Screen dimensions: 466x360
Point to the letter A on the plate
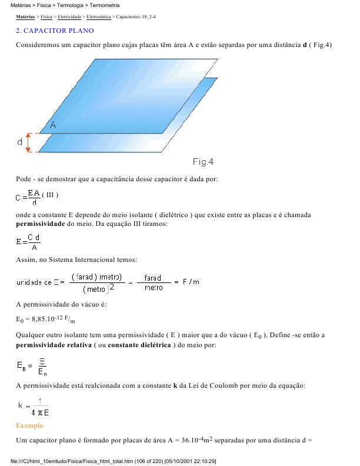pyautogui.click(x=53, y=125)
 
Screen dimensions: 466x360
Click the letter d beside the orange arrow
pyautogui.click(x=19, y=142)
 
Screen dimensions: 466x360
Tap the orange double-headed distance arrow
pyautogui.click(x=27, y=142)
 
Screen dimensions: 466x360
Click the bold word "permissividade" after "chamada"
pyautogui.click(x=40, y=224)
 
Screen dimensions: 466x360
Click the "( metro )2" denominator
pyautogui.click(x=98, y=289)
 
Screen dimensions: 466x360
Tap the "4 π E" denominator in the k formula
pyautogui.click(x=40, y=412)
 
